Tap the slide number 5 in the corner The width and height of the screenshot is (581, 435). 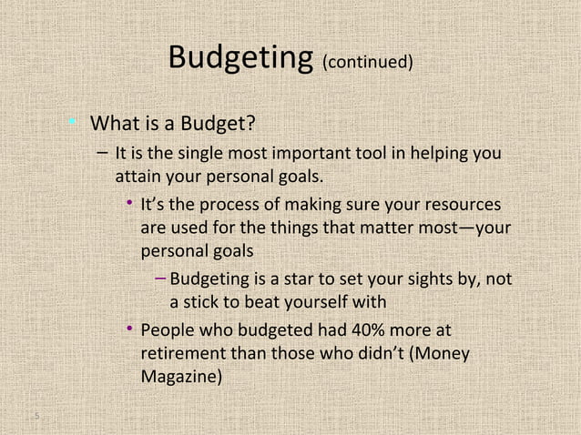pos(35,417)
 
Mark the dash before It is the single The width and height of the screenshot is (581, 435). pos(98,151)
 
